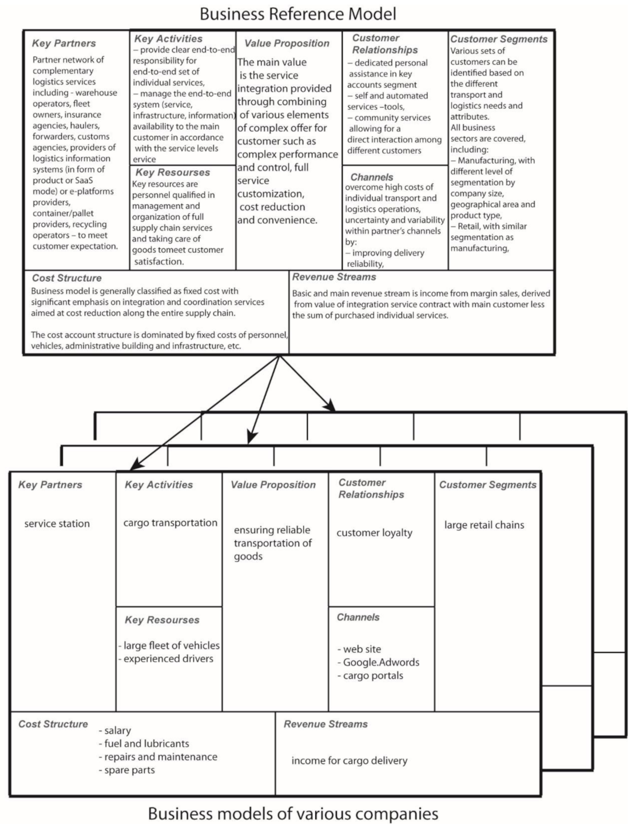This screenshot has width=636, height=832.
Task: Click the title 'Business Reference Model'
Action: (x=298, y=14)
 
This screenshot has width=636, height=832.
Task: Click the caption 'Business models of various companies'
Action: (x=293, y=814)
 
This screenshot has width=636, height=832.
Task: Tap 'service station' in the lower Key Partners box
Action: (x=57, y=524)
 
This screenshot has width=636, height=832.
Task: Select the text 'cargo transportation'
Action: (x=170, y=523)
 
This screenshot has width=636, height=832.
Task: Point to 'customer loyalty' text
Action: (x=374, y=533)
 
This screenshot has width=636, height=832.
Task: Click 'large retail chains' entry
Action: (x=484, y=525)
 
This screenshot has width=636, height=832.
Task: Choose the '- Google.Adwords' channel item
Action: (x=379, y=662)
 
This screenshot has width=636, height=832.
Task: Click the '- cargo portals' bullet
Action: (x=370, y=675)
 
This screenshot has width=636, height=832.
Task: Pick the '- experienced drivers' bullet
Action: (x=166, y=658)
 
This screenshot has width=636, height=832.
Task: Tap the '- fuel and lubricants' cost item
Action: (x=144, y=743)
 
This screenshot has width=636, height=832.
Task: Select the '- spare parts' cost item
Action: (x=127, y=770)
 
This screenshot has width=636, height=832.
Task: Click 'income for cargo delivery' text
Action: (x=349, y=760)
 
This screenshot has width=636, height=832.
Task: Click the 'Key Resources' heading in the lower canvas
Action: (x=162, y=620)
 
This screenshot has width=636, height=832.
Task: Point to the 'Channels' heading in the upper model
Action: (x=372, y=177)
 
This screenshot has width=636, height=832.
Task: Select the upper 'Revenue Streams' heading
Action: (x=334, y=277)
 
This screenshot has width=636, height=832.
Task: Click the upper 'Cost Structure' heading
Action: (x=67, y=278)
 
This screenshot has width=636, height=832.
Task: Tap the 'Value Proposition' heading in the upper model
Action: (x=287, y=43)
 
